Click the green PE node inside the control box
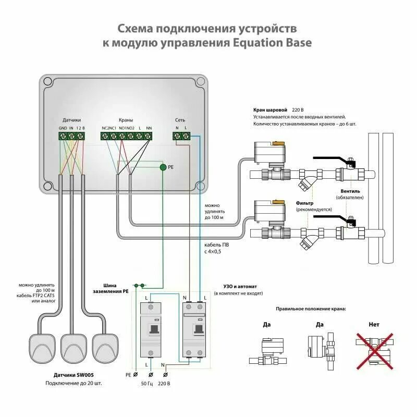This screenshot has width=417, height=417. click(163, 167)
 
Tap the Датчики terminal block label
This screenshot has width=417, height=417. click(71, 120)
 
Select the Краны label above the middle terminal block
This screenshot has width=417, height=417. click(126, 120)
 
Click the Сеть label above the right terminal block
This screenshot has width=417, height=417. click(180, 120)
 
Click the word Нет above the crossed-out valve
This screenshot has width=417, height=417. click(374, 324)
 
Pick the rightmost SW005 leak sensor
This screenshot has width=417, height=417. click(107, 347)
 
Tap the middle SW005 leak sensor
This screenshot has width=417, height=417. click(74, 347)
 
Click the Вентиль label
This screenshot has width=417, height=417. click(349, 191)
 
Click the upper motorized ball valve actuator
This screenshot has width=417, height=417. click(268, 151)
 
